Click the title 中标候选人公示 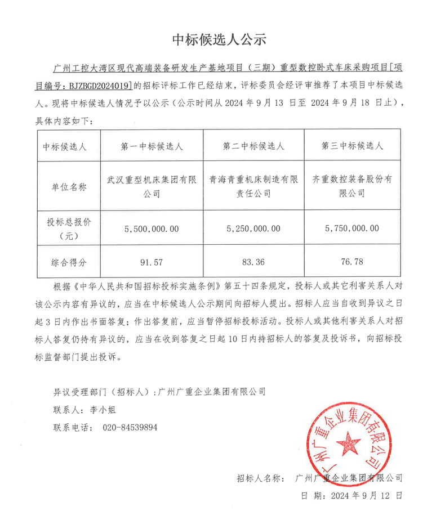(218, 39)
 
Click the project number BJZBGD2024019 (97, 86)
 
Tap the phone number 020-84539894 (130, 428)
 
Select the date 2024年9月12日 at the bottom (367, 496)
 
